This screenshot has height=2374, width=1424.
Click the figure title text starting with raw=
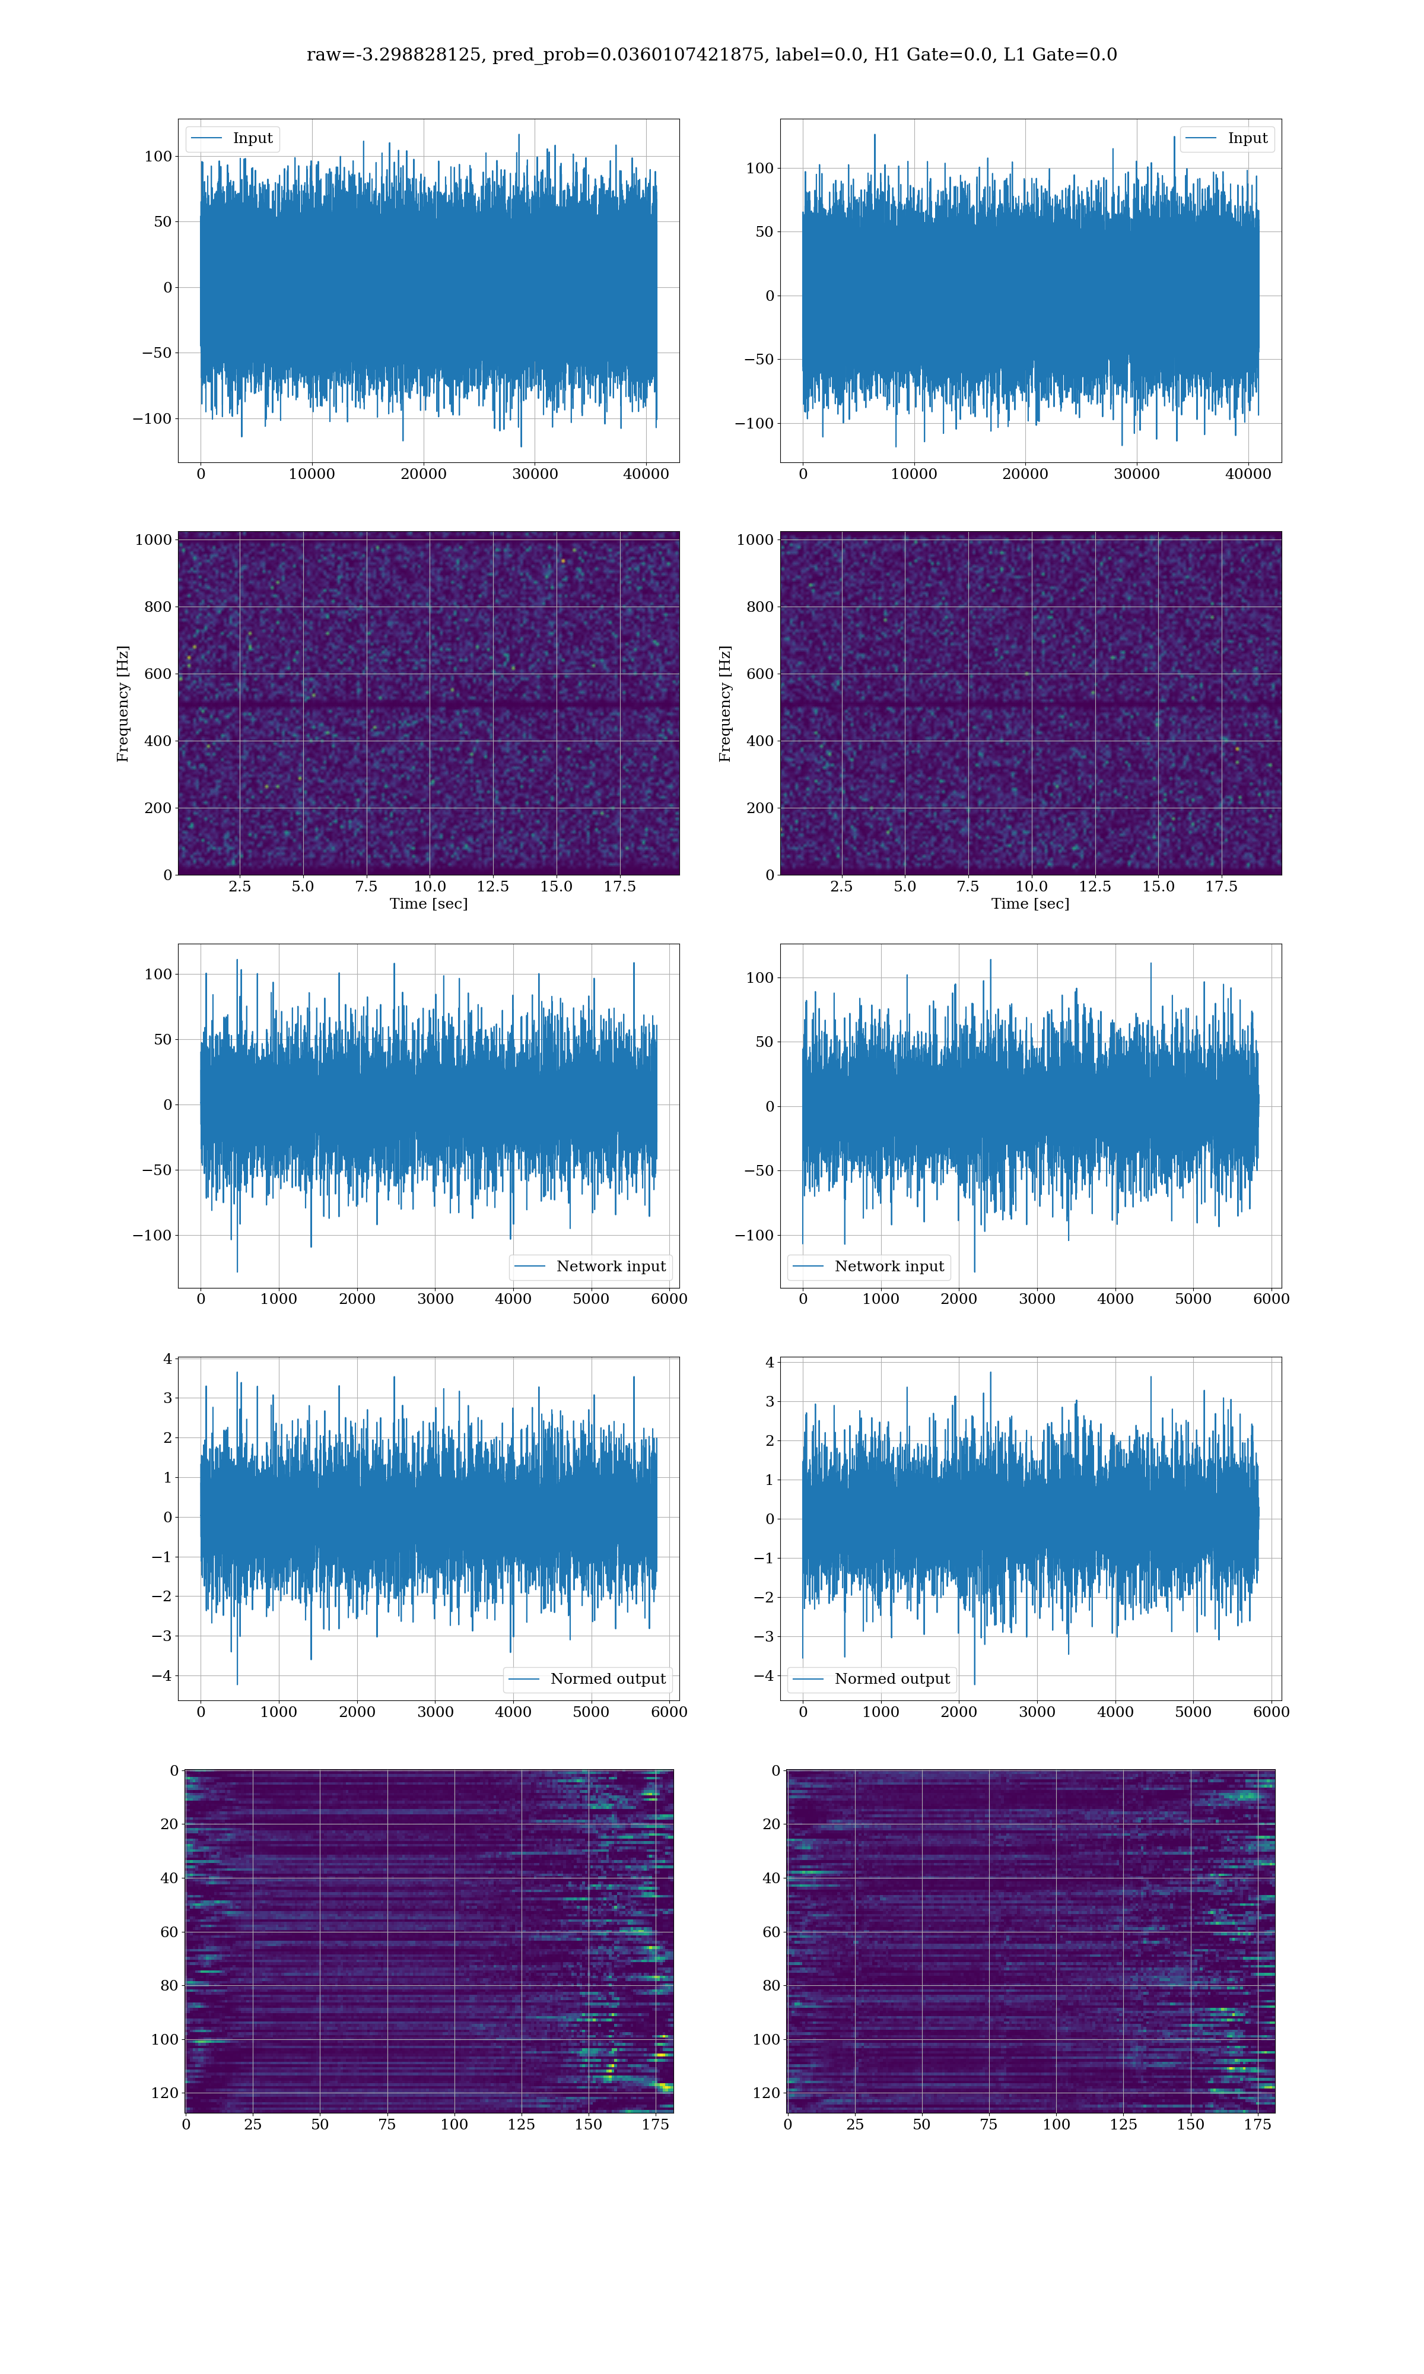click(x=711, y=55)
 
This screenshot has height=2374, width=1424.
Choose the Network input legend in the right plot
click(x=869, y=1266)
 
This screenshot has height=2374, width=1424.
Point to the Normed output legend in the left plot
click(x=587, y=1678)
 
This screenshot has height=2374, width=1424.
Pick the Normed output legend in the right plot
click(x=871, y=1678)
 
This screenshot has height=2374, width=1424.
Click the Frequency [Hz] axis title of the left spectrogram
click(x=123, y=703)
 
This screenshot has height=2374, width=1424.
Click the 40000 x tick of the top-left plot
click(x=646, y=474)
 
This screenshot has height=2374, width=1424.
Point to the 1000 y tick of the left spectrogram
click(x=154, y=539)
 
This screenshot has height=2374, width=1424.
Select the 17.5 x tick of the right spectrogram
click(x=1220, y=887)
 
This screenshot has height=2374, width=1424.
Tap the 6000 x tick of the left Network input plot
click(x=669, y=1299)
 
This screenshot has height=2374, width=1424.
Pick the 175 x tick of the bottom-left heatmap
click(x=656, y=2125)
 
